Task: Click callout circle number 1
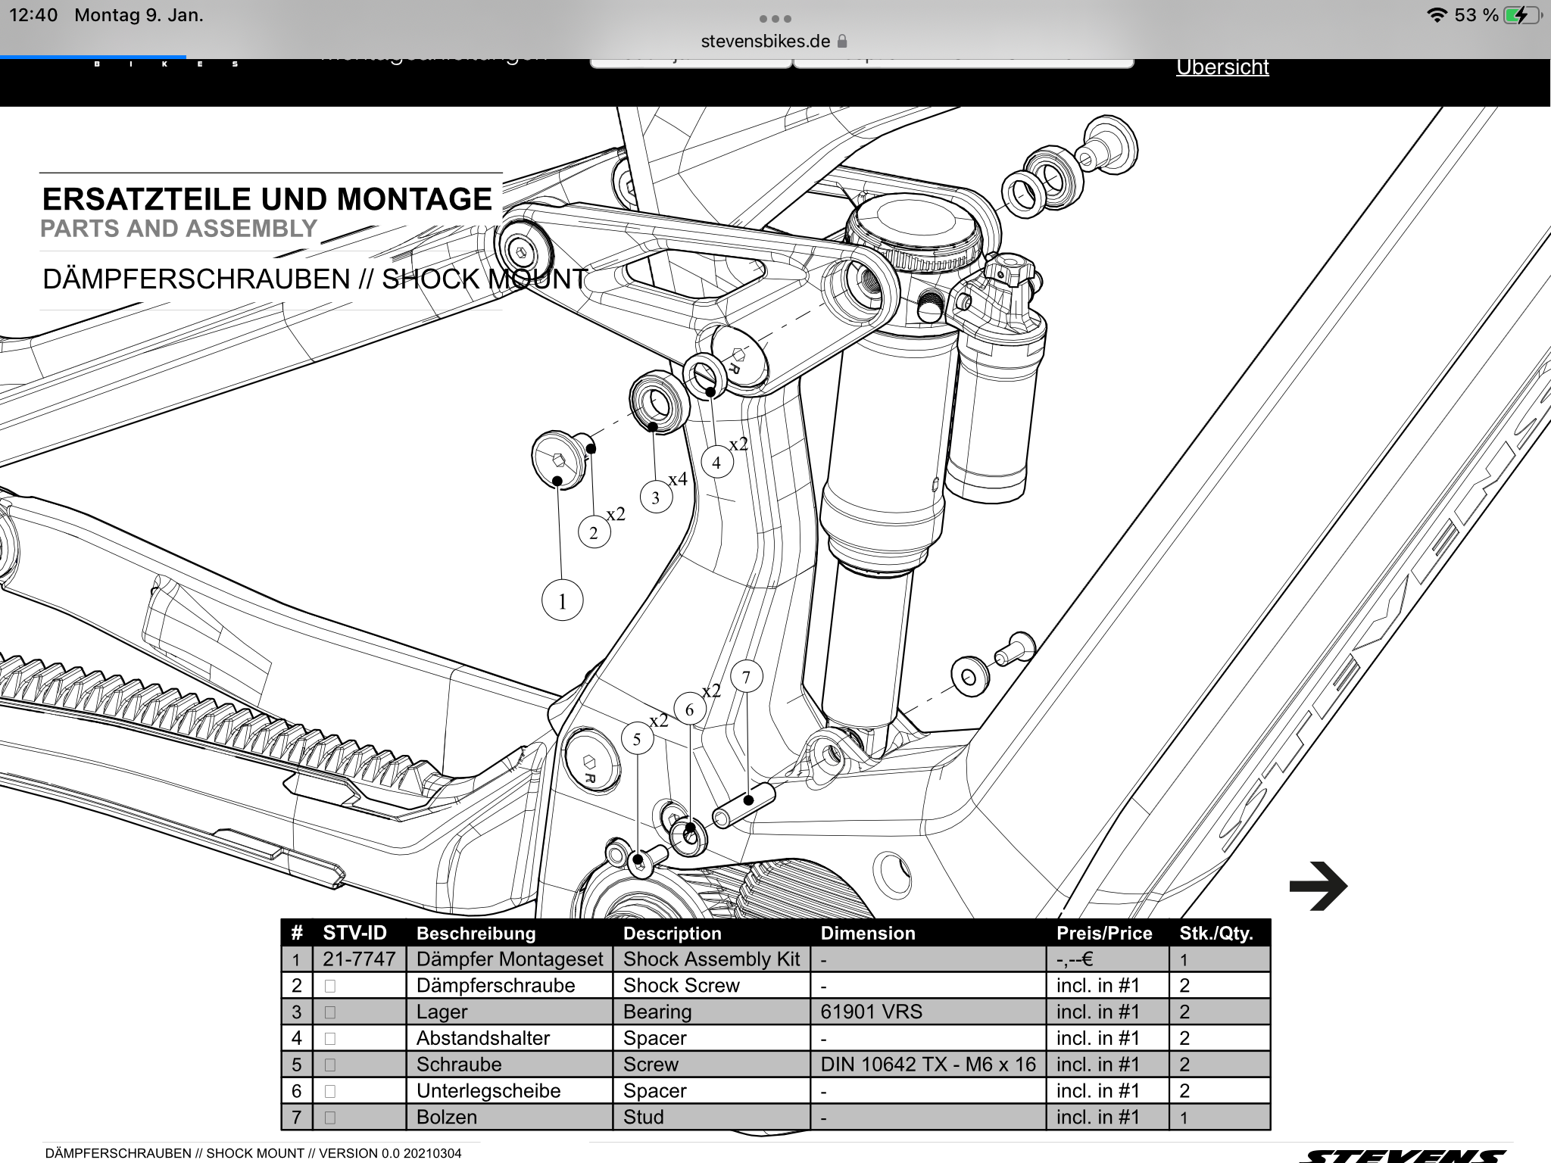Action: point(562,601)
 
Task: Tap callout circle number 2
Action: point(594,533)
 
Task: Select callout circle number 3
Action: point(656,497)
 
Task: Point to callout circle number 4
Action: point(716,463)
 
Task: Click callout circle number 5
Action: point(637,739)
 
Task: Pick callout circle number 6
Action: point(689,709)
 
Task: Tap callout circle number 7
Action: point(746,676)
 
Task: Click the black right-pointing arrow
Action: point(1318,885)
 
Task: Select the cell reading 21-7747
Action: point(359,959)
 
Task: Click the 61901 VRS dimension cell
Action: point(871,1012)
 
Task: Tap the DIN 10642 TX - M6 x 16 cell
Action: point(928,1065)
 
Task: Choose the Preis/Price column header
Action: point(1104,933)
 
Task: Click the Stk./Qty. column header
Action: point(1216,933)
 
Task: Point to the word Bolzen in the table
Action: point(447,1117)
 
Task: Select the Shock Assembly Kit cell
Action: point(711,959)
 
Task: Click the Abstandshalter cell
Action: point(483,1038)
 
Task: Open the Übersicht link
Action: point(1222,67)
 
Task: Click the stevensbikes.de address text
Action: point(765,41)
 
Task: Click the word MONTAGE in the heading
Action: point(414,199)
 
